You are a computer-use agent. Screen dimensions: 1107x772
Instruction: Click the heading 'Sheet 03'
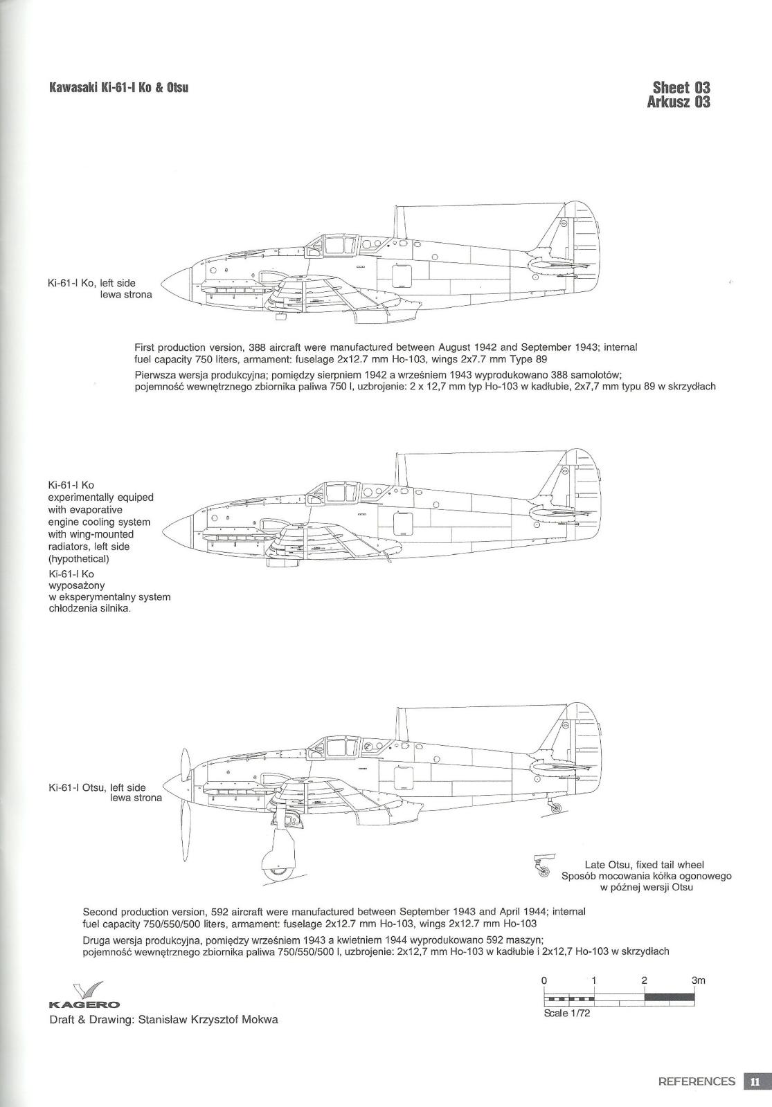[681, 88]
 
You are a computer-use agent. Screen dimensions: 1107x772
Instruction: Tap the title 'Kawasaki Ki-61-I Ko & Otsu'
[119, 88]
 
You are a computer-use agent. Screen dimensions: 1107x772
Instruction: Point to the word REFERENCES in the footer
[697, 1081]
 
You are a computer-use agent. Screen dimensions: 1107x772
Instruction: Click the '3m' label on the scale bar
[698, 980]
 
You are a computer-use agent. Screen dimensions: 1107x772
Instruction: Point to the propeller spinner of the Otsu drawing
[178, 785]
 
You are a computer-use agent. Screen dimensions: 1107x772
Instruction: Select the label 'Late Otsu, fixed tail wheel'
[644, 864]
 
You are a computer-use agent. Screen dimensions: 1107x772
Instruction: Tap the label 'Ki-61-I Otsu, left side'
[97, 787]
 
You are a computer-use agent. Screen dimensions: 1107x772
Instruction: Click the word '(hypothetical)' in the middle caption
[79, 559]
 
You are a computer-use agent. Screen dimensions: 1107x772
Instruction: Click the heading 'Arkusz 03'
[678, 102]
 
